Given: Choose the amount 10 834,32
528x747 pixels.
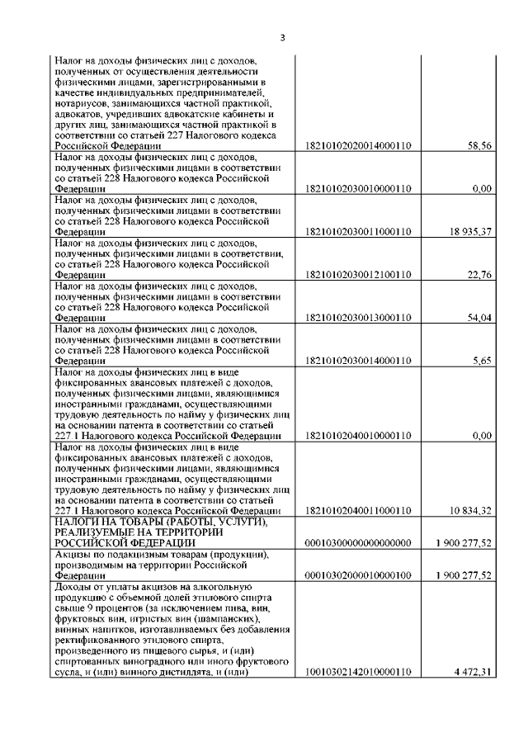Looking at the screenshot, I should coord(471,511).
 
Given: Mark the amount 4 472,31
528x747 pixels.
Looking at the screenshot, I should coord(474,672).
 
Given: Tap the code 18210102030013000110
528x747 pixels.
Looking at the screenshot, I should coord(358,317).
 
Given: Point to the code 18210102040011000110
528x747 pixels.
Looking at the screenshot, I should coord(358,511).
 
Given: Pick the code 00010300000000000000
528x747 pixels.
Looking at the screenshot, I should coord(358,543).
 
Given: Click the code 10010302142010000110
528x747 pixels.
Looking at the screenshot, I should coord(358,672).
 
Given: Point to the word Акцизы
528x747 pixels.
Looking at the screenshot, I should coord(73,555).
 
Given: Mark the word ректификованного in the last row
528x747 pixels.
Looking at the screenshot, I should coord(99,641).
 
